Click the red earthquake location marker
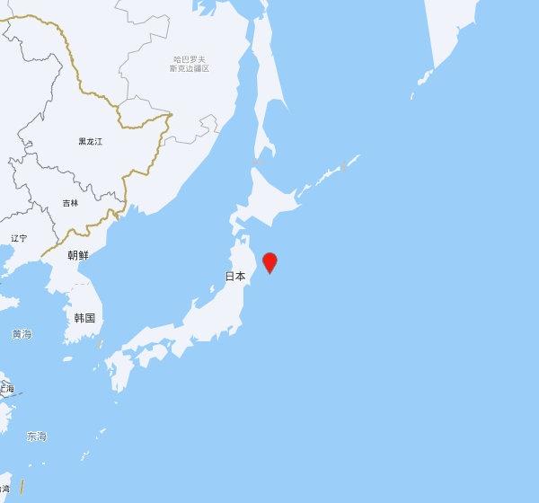tap(269, 262)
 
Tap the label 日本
tap(234, 277)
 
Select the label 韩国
tap(85, 318)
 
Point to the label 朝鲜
tap(78, 255)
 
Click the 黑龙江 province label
tap(90, 142)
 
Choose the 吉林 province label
tap(70, 203)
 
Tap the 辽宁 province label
tap(19, 238)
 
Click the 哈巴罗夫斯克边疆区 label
tap(190, 64)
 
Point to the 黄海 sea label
tap(22, 334)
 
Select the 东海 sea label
tap(36, 437)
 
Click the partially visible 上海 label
tap(6, 388)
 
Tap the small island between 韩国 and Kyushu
tap(99, 345)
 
